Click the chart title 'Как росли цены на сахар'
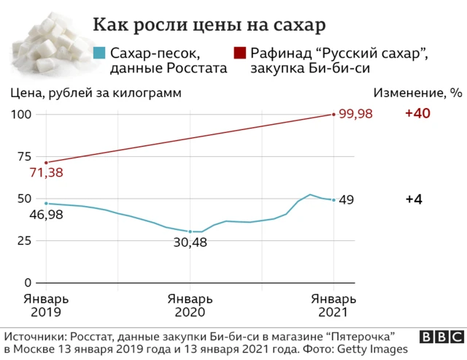pos(209,25)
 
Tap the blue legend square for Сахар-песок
pos(99,53)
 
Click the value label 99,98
pos(356,115)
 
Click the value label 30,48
pos(191,242)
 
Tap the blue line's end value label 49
pos(347,200)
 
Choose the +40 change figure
pos(419,115)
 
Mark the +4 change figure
pos(415,200)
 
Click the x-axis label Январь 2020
pos(190,305)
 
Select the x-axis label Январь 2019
pos(46,305)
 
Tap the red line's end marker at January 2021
pos(334,115)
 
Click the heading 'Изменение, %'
pos(418,93)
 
